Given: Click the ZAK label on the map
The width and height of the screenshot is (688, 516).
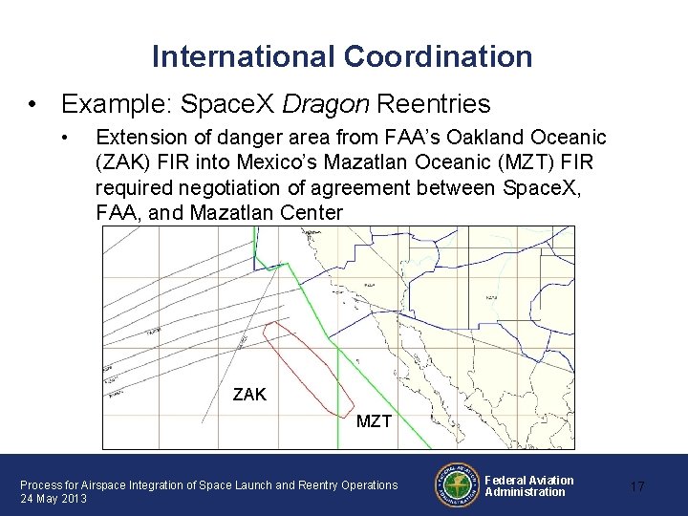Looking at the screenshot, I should [250, 393].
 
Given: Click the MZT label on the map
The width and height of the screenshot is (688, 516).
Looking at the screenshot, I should [374, 420].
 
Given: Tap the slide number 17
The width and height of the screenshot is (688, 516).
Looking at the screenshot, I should [636, 486].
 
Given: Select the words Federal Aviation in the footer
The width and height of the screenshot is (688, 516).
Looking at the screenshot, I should [529, 480].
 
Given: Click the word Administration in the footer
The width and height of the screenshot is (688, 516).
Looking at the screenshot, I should [525, 492].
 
